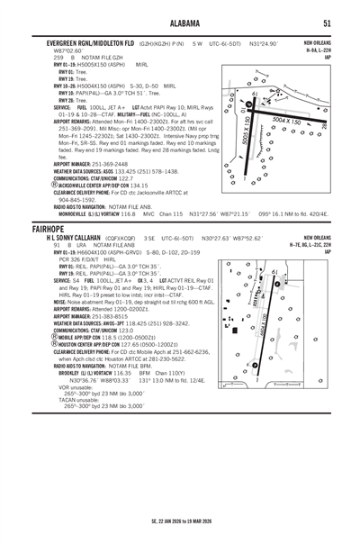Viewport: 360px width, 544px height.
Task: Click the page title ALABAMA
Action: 180,23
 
